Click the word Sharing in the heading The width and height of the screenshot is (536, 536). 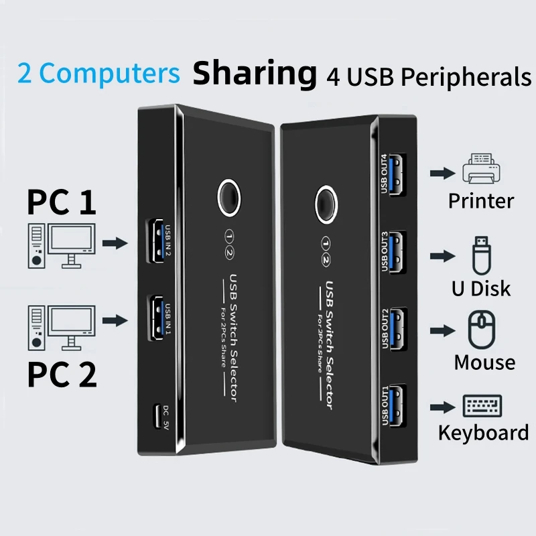(255, 74)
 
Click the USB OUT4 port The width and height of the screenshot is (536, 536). (397, 175)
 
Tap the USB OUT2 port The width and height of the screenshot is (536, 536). (397, 328)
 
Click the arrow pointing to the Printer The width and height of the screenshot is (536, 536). (440, 174)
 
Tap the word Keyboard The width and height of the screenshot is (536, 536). (483, 433)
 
